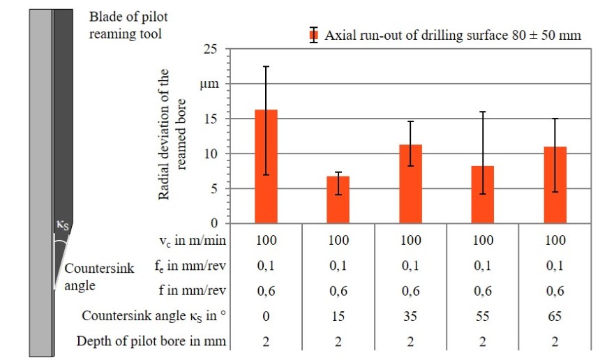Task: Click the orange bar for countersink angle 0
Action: (x=267, y=167)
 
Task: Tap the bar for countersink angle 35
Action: (x=410, y=184)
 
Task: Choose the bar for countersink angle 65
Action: (x=555, y=186)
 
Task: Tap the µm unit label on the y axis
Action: (x=209, y=84)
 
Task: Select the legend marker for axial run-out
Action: (x=314, y=35)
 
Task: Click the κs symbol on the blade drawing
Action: (x=63, y=225)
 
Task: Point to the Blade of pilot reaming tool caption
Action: (x=129, y=24)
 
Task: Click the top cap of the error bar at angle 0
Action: (x=267, y=66)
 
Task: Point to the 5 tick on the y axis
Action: (x=214, y=188)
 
